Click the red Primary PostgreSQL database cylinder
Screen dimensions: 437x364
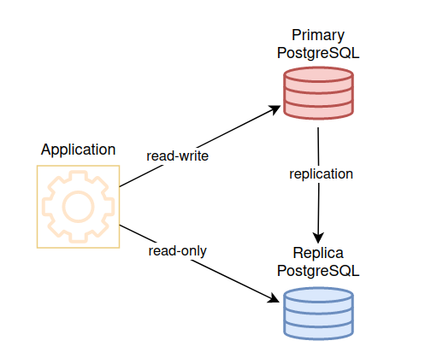pos(318,93)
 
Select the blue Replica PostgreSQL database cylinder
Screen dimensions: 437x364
pos(318,314)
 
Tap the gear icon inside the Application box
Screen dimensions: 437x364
pos(78,207)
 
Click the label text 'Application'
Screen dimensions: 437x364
pos(78,150)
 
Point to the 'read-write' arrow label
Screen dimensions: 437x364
pos(177,156)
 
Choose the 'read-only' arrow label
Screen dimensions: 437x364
pos(177,251)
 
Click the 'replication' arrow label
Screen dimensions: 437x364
pos(321,174)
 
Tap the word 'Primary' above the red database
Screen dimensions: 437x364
pos(318,35)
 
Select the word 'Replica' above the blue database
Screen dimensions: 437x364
pos(318,253)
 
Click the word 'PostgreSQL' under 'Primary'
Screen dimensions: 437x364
pos(318,53)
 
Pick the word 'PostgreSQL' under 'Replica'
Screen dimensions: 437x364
pos(318,271)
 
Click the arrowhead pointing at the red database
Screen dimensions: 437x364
pos(275,109)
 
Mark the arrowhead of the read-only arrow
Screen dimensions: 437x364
pos(274,298)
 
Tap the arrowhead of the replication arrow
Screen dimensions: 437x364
pos(318,238)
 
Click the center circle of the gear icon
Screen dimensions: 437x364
pos(78,207)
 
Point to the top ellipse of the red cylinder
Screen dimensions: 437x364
pos(318,75)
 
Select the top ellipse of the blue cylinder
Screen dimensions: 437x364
pos(318,296)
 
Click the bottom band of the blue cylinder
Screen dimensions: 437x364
pos(318,332)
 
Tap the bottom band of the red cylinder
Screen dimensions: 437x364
pos(318,110)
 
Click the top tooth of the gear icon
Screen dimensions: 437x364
pos(78,176)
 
